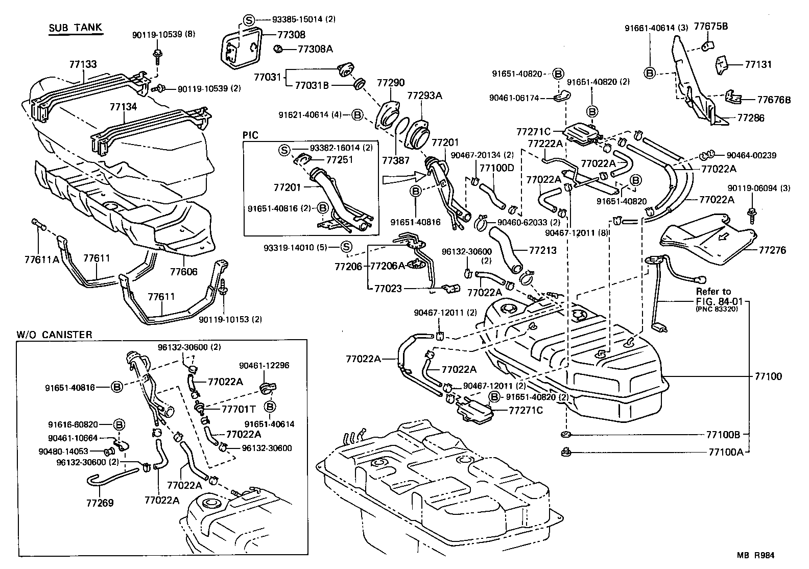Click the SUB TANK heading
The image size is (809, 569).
tap(76, 29)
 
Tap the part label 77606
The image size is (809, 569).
tap(183, 272)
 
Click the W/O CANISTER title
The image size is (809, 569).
tap(54, 335)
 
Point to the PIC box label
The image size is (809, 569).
tap(251, 135)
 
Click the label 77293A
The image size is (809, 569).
tap(424, 95)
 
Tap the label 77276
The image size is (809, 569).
tap(772, 250)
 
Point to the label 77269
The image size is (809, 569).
tap(100, 503)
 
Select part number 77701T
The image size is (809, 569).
tap(239, 409)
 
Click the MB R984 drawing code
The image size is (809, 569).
tap(758, 556)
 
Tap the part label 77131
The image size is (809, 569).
tap(758, 65)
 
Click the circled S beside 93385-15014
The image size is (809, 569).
tap(248, 20)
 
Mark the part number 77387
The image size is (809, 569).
tap(396, 160)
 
